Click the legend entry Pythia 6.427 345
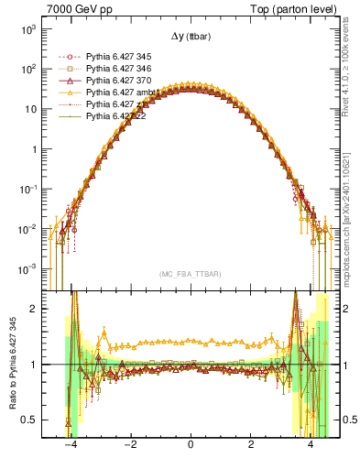click(116, 56)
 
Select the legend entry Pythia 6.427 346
click(116, 69)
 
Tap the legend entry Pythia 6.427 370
click(116, 81)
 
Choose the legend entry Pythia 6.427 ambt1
click(118, 93)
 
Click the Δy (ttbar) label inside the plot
click(191, 38)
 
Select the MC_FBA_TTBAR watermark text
click(190, 274)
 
